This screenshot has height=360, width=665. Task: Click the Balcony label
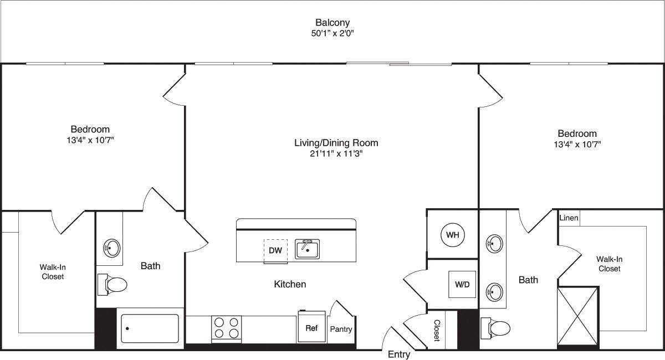(332, 23)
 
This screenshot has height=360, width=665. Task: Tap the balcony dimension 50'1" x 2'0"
(332, 33)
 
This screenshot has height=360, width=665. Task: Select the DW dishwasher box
(275, 250)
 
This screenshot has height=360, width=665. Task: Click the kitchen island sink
(307, 249)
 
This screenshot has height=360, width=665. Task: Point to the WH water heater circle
(453, 235)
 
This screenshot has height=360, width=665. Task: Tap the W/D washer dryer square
(462, 285)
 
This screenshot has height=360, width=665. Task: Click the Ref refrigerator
(311, 327)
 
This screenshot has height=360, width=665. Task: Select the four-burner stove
(227, 327)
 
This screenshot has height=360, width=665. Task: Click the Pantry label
(341, 329)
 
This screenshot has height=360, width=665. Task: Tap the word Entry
(399, 354)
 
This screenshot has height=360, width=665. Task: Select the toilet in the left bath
(113, 284)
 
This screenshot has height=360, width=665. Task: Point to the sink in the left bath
(112, 247)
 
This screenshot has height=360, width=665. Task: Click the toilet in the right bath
(496, 328)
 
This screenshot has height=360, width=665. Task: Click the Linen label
(569, 218)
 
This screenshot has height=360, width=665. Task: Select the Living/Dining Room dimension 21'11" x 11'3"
(336, 154)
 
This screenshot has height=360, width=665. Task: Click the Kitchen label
(290, 284)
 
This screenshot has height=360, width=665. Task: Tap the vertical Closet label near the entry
(437, 330)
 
